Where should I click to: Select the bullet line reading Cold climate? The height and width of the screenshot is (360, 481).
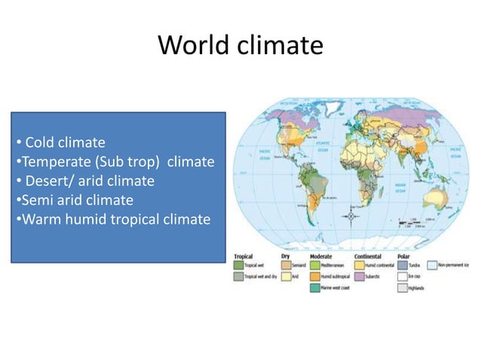coord(64,142)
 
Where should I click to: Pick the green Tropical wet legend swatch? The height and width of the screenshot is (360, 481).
coord(238,265)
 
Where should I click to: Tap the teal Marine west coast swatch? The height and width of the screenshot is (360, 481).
coord(315,288)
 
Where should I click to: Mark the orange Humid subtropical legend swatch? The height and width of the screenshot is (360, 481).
coord(315,277)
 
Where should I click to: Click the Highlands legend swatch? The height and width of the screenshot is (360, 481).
coord(402,288)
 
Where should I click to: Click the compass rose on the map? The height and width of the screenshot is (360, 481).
coord(351,215)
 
